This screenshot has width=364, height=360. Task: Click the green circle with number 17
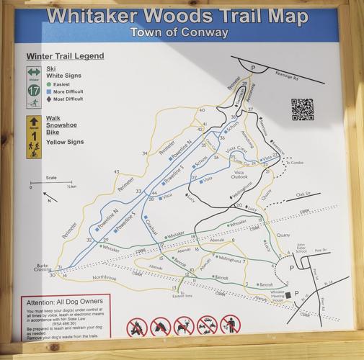click(x=34, y=91)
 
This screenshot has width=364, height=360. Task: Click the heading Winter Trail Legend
click(x=65, y=55)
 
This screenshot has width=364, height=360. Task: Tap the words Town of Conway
click(x=179, y=32)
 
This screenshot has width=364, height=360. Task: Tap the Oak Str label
click(x=302, y=194)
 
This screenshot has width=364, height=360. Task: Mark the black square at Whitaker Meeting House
click(x=287, y=294)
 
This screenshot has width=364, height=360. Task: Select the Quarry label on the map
click(x=283, y=234)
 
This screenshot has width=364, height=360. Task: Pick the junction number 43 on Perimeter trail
click(x=117, y=172)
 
